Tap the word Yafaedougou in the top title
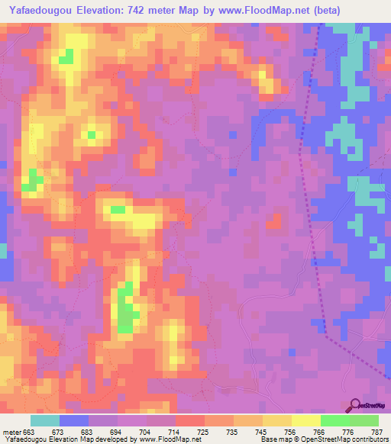point(37,10)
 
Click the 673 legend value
point(58,433)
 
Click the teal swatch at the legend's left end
point(45,420)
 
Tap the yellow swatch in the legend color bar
point(277,420)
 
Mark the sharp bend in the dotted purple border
point(326,333)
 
